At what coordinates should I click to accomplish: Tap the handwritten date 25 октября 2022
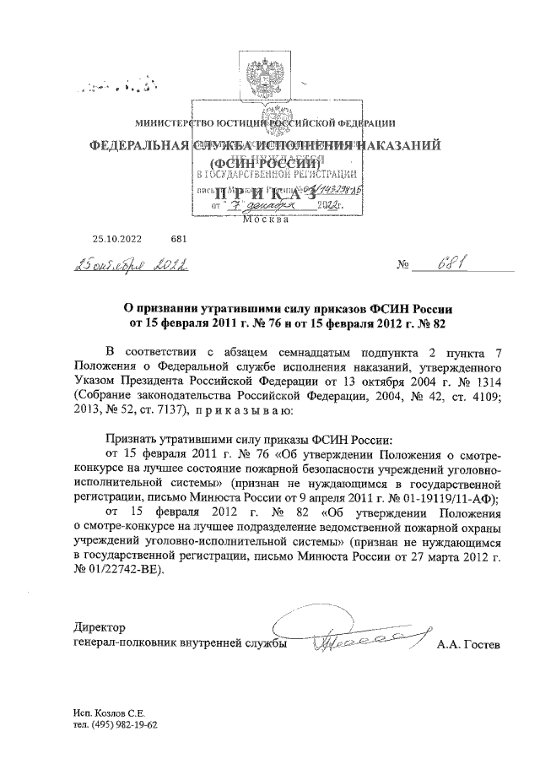pyautogui.click(x=134, y=266)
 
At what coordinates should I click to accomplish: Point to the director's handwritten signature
pyautogui.click(x=350, y=639)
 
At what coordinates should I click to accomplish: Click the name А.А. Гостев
pyautogui.click(x=468, y=646)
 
